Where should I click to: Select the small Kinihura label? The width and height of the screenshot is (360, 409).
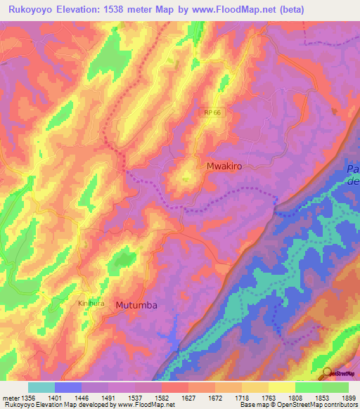[x=89, y=304]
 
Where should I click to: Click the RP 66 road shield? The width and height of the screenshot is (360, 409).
[x=213, y=112]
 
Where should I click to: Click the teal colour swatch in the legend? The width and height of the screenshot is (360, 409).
[x=41, y=387]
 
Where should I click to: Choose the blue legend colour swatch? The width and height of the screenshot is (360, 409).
[x=68, y=387]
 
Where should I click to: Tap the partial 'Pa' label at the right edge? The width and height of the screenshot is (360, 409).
[x=354, y=171]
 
